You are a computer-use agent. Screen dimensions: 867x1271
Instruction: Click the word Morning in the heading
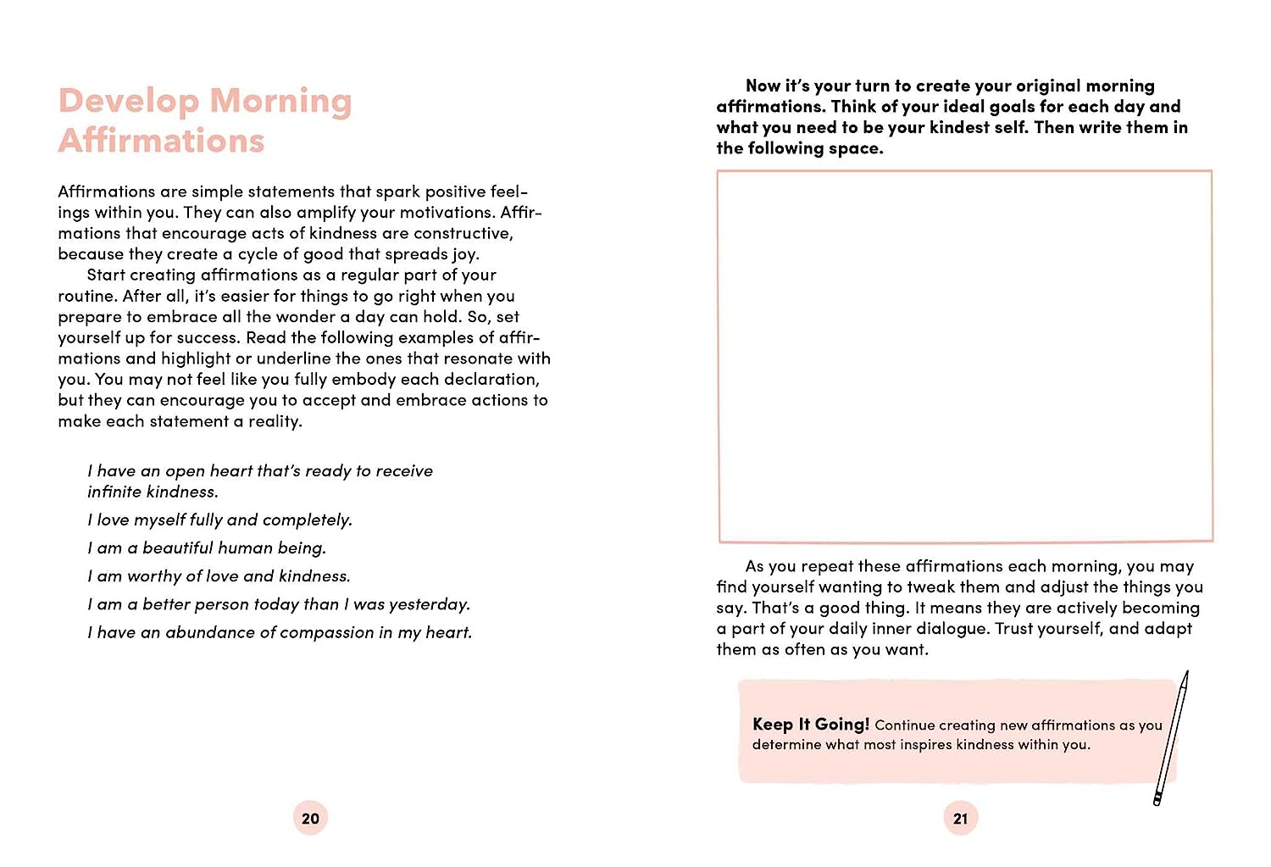pos(280,102)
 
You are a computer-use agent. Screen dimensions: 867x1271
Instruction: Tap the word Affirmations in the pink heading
pos(161,142)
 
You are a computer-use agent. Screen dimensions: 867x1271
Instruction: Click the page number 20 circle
pos(310,819)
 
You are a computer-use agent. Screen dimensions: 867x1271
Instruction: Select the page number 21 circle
pos(960,819)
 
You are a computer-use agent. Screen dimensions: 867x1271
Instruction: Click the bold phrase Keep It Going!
pos(810,725)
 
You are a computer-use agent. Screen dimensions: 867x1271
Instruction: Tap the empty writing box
pos(964,356)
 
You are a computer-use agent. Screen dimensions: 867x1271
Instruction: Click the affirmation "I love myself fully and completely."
pos(219,520)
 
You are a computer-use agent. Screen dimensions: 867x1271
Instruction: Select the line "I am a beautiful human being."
pos(207,548)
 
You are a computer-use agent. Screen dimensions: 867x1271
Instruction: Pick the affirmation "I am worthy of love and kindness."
pos(219,576)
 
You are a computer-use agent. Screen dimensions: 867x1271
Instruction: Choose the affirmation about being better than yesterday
pos(279,604)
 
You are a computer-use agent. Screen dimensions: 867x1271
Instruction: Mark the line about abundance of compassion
pos(280,632)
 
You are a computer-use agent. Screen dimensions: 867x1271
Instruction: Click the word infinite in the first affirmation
pos(117,492)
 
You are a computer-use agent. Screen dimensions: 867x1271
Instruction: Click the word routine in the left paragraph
pos(86,297)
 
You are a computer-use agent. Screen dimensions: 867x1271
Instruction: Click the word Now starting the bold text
pos(763,86)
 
